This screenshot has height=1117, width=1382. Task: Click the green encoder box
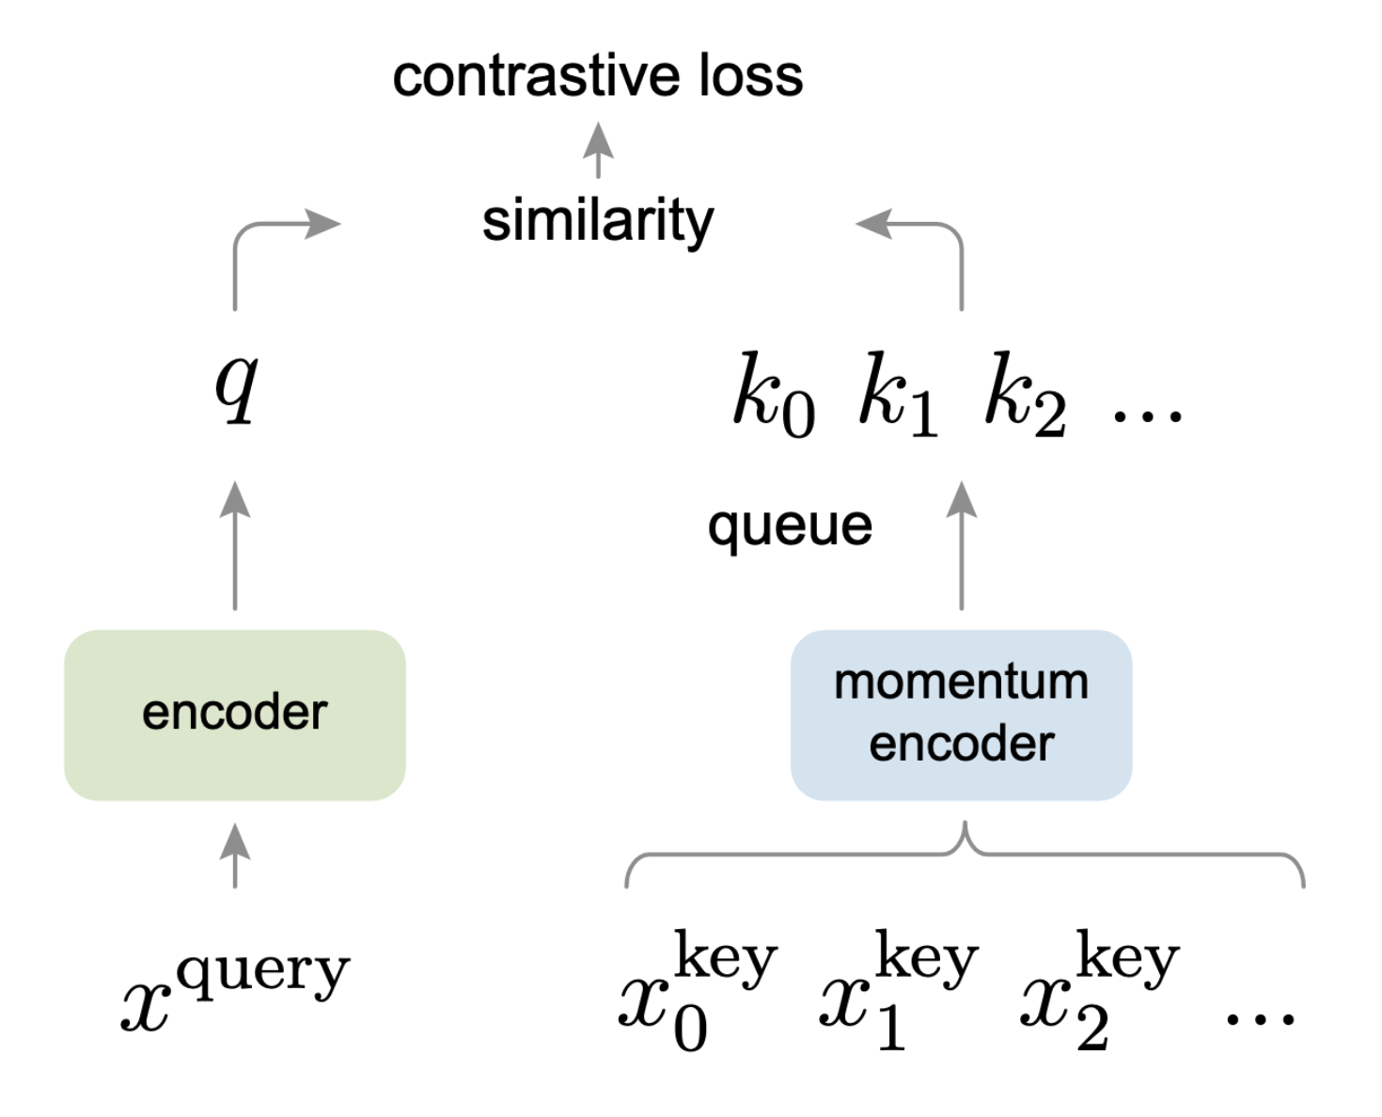click(235, 715)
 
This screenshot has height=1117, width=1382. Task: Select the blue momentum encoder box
click(961, 715)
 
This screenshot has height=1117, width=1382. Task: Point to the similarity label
click(598, 222)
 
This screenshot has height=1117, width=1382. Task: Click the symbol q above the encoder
click(237, 389)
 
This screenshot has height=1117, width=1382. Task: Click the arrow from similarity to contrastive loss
click(598, 149)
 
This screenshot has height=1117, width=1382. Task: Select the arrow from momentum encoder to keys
click(962, 545)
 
